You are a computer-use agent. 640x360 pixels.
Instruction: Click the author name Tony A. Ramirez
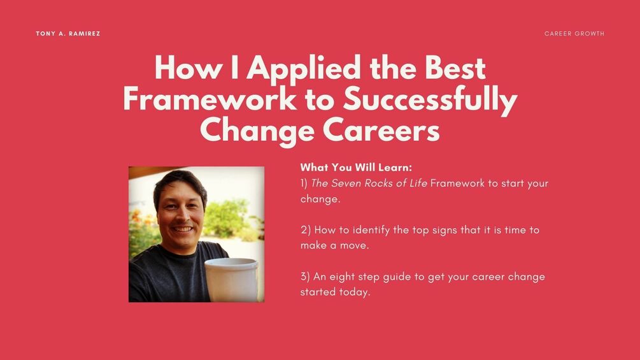tap(68, 34)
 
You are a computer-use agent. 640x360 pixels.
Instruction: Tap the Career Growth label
tap(574, 34)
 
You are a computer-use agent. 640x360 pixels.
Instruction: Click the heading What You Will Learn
tap(356, 168)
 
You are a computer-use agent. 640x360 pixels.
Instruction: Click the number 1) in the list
tap(304, 184)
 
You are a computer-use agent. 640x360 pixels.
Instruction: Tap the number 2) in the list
tap(305, 230)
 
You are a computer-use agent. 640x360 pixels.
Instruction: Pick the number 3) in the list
tap(305, 277)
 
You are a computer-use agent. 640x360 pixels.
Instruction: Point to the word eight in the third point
tap(345, 277)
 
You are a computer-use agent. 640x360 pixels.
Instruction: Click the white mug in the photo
tap(231, 279)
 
